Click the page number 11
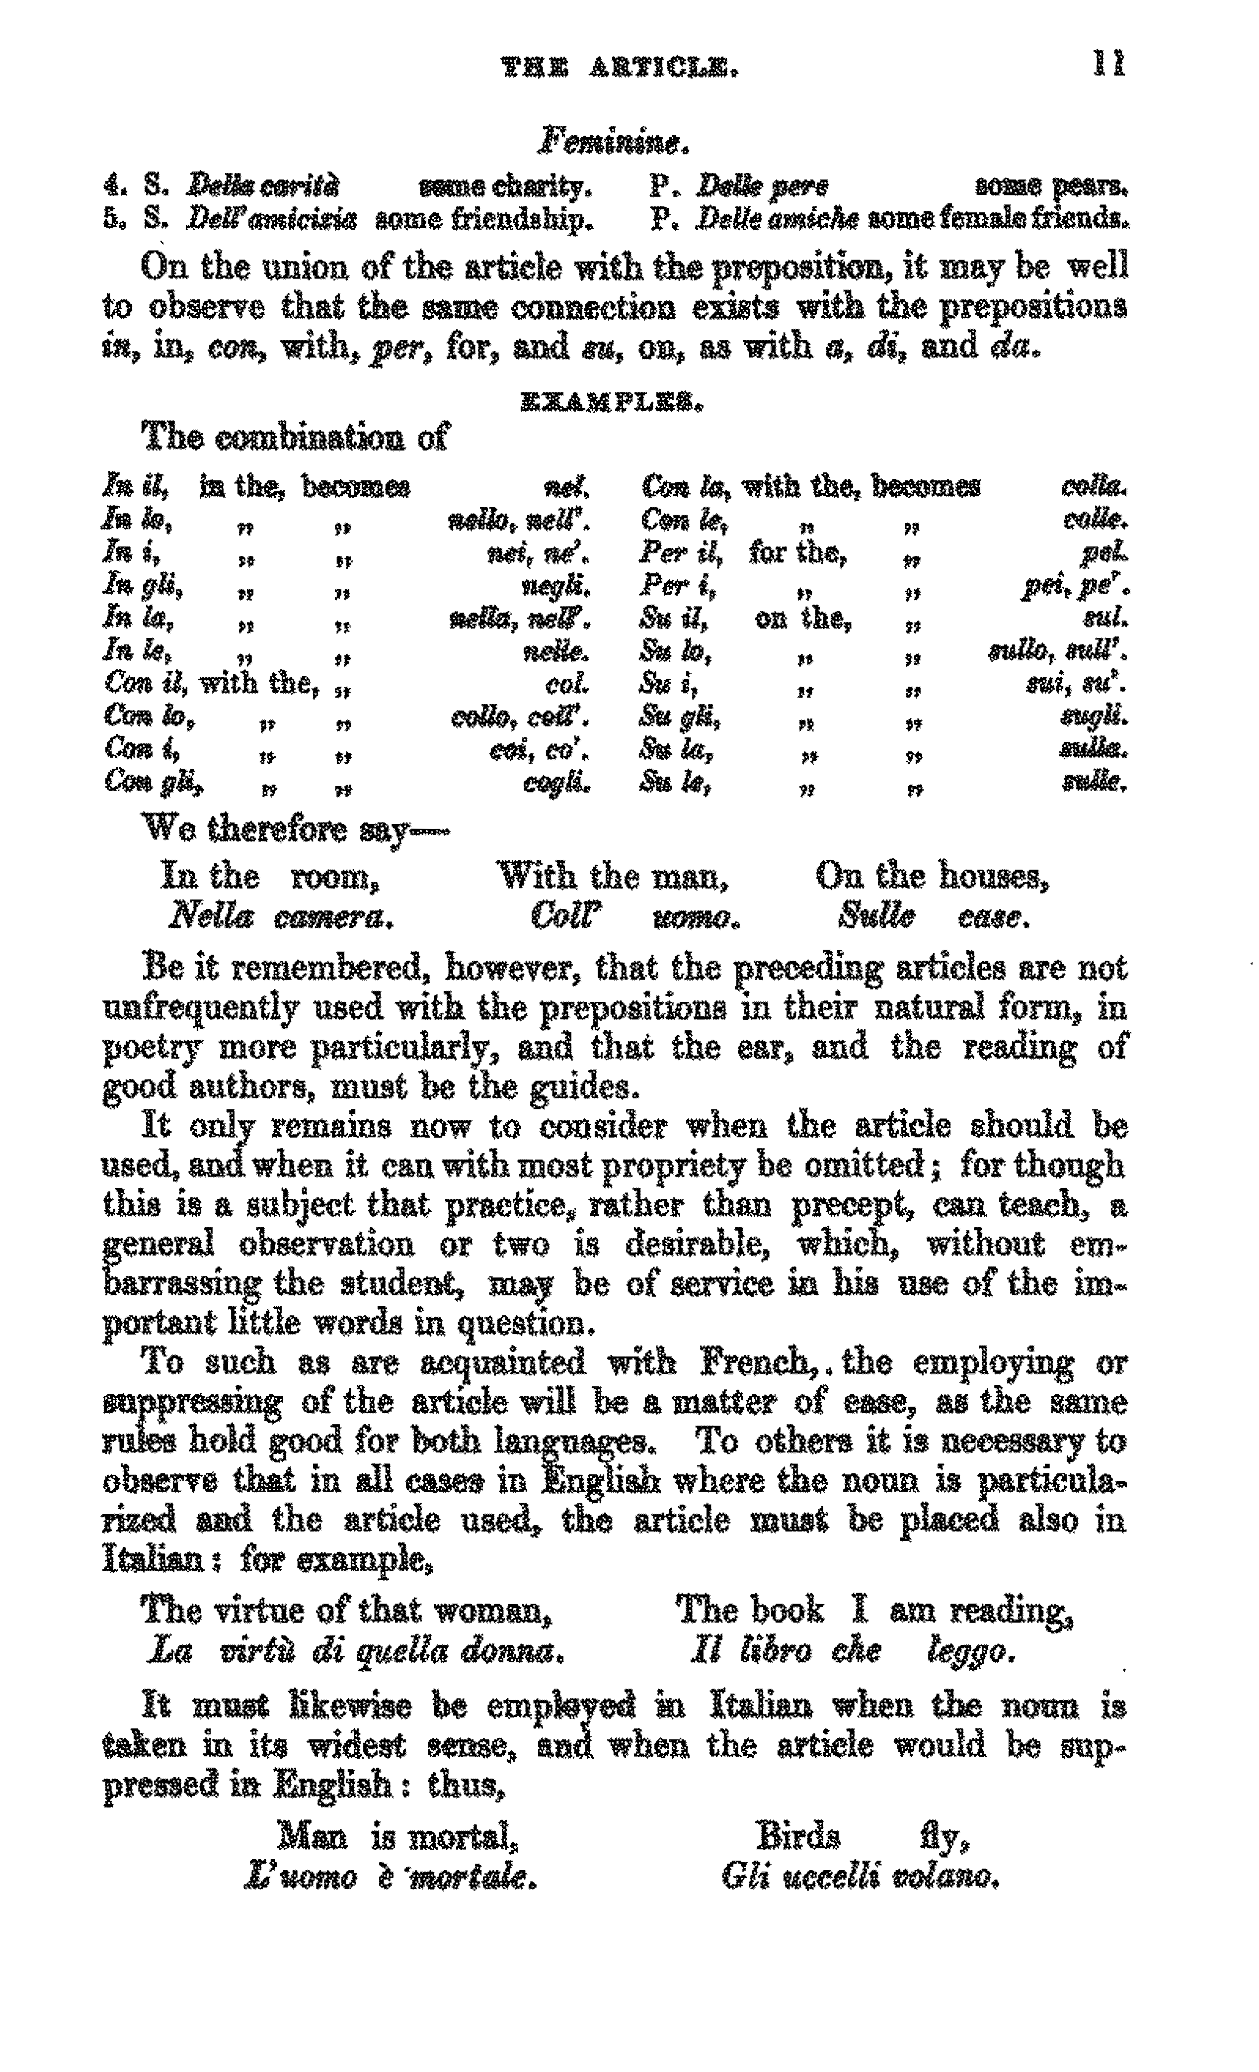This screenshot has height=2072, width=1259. (x=1108, y=64)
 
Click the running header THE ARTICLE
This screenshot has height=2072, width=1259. (x=619, y=67)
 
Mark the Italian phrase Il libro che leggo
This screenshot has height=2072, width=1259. (x=852, y=1651)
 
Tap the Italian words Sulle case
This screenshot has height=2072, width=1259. (x=933, y=916)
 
